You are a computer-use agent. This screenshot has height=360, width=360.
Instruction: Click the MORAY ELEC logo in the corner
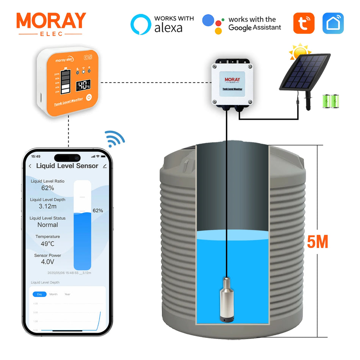[x=51, y=23]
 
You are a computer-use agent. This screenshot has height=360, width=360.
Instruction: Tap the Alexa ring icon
[x=141, y=24]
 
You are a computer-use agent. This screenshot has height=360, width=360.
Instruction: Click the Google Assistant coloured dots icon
[x=213, y=24]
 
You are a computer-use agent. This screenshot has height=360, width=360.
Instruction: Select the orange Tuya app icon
[x=304, y=23]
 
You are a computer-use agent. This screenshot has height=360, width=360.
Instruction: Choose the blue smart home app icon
[x=333, y=23]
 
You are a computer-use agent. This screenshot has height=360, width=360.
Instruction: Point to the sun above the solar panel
[x=300, y=52]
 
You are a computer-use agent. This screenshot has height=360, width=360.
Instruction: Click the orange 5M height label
[x=317, y=242]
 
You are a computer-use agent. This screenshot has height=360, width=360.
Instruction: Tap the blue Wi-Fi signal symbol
[x=114, y=139]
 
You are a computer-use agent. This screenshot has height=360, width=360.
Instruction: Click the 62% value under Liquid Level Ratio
[x=48, y=188]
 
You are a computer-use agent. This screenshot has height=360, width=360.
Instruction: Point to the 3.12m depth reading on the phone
[x=48, y=207]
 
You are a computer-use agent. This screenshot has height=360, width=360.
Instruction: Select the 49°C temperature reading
[x=48, y=244]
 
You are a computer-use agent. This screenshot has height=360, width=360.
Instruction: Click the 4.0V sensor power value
[x=48, y=262]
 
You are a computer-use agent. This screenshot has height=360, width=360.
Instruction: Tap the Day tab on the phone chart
[x=39, y=294]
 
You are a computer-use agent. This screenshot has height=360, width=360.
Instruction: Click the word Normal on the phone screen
[x=48, y=225]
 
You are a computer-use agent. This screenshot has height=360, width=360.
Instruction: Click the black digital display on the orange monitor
[x=83, y=85]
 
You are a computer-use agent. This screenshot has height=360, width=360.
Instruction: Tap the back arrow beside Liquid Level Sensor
[x=30, y=166]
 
